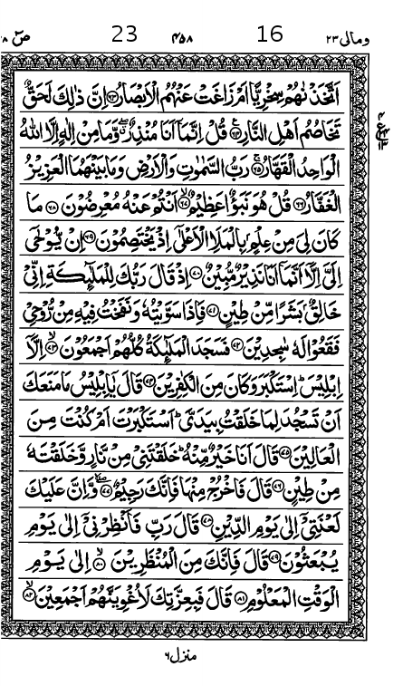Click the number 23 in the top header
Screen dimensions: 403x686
coord(124,34)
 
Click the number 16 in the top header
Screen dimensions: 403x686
coord(270,34)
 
